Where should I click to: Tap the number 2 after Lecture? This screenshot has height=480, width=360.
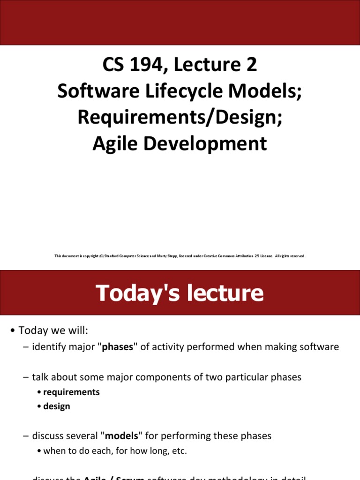click(x=251, y=65)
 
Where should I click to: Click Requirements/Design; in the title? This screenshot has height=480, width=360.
click(x=180, y=117)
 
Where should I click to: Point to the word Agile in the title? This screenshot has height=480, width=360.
click(x=115, y=143)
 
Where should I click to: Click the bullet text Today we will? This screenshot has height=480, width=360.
click(x=53, y=331)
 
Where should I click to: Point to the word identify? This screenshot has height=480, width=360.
click(x=48, y=347)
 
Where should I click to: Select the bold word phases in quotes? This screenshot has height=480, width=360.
click(x=118, y=347)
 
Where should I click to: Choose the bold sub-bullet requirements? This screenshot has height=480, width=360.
click(x=71, y=392)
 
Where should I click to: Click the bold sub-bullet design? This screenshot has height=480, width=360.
click(x=56, y=406)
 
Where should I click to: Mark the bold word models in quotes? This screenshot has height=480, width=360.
click(x=121, y=436)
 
